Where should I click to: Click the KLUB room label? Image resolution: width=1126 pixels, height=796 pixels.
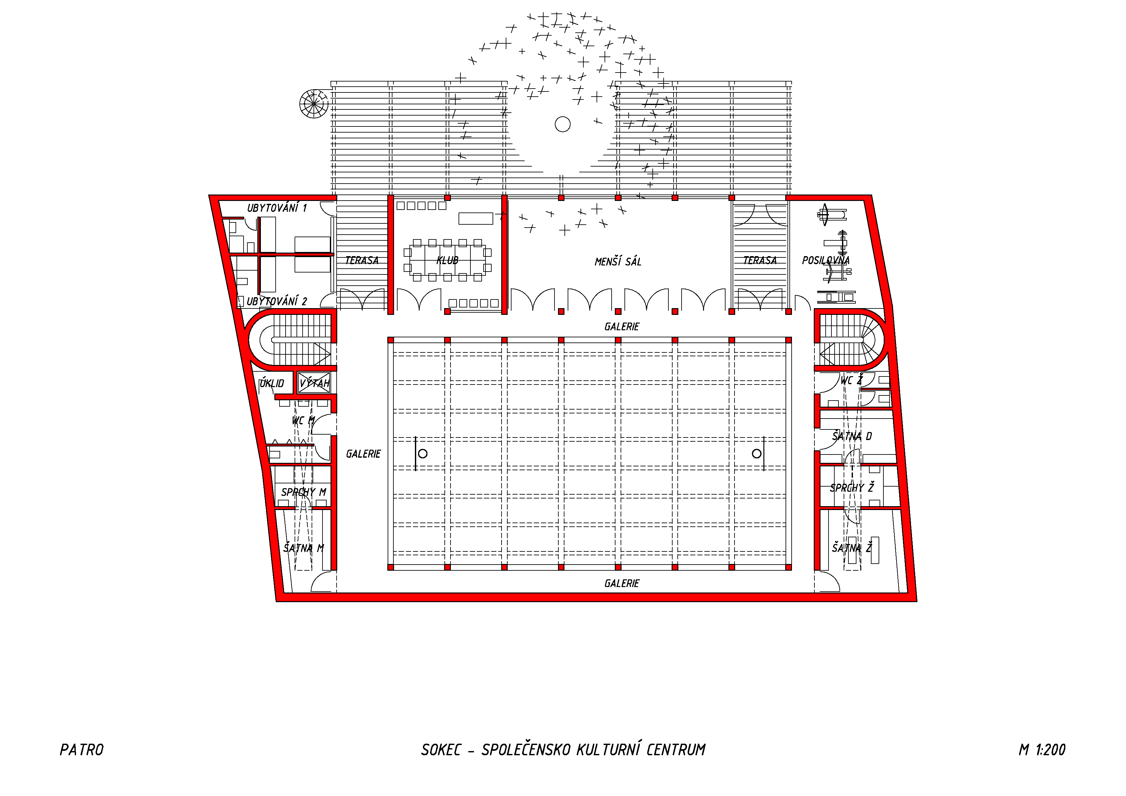[x=447, y=260]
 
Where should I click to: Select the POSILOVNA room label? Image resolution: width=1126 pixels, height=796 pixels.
[x=826, y=260]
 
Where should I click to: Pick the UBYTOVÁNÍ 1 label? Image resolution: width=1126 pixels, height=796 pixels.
[x=277, y=208]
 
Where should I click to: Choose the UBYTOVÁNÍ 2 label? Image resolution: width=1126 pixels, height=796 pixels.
[x=277, y=301]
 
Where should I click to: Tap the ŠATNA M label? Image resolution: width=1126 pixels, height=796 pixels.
[x=304, y=548]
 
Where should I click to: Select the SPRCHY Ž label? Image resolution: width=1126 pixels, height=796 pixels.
[x=852, y=488]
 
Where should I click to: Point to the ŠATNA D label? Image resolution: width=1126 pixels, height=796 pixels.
[x=852, y=436]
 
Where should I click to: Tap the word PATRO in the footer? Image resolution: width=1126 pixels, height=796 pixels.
[x=82, y=750]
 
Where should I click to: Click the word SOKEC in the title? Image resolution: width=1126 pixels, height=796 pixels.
[x=441, y=750]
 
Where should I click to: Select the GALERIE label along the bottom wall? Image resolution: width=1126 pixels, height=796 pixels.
[x=622, y=583]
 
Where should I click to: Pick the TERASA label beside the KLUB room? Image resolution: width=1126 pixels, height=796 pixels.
[x=362, y=260]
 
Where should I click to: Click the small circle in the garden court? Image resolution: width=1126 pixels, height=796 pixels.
[x=563, y=124]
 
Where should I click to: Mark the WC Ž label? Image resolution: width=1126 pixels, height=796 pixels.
[x=851, y=380]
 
